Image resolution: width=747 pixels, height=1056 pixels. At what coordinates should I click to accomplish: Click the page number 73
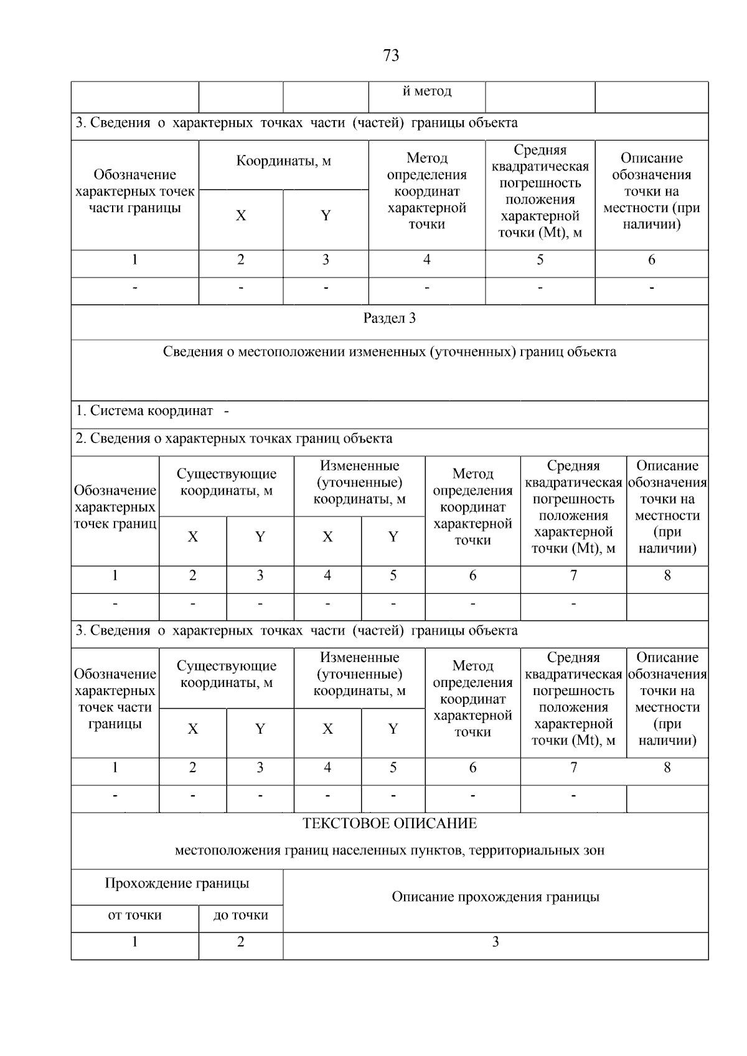(390, 56)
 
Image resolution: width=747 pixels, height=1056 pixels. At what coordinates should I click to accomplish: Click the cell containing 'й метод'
(426, 91)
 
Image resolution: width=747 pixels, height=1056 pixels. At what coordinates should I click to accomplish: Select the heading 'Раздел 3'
(390, 319)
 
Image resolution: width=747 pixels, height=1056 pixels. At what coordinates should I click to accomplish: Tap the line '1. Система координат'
(144, 411)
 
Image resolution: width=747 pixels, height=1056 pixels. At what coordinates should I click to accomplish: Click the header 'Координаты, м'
(283, 162)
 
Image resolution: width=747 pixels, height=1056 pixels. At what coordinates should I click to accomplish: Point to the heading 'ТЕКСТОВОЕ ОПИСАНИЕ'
(390, 824)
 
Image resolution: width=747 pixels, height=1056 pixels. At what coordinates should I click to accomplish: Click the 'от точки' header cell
(134, 915)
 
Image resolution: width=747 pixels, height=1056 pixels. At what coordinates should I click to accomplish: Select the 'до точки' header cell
(241, 915)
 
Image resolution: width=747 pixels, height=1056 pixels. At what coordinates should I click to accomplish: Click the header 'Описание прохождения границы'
(496, 897)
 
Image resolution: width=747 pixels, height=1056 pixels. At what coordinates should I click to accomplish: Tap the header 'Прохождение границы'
(177, 884)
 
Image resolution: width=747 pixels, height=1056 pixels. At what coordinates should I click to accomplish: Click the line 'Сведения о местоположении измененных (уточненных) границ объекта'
(390, 352)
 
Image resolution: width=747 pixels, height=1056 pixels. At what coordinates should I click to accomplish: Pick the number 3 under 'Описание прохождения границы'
(496, 942)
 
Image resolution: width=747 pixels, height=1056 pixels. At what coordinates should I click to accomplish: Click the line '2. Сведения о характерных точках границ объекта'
(234, 439)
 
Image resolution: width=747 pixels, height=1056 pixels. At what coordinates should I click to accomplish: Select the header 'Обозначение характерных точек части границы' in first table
(134, 192)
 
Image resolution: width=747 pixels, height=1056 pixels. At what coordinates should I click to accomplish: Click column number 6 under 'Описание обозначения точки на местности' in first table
(651, 260)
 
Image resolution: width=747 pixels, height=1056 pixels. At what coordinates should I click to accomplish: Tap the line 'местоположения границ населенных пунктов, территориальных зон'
(390, 851)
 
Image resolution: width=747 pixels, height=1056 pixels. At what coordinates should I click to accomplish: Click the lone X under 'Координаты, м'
(241, 216)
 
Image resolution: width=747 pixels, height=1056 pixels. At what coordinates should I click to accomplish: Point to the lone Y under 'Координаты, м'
(326, 216)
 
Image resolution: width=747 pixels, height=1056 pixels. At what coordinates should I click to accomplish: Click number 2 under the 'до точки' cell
(241, 942)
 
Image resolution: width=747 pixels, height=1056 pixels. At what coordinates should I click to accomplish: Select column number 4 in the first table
(426, 260)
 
